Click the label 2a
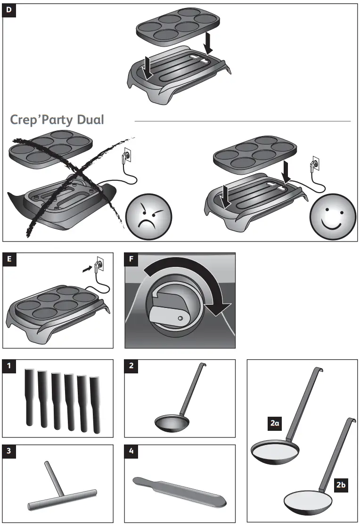tap(275, 424)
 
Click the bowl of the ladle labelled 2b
tap(307, 502)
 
